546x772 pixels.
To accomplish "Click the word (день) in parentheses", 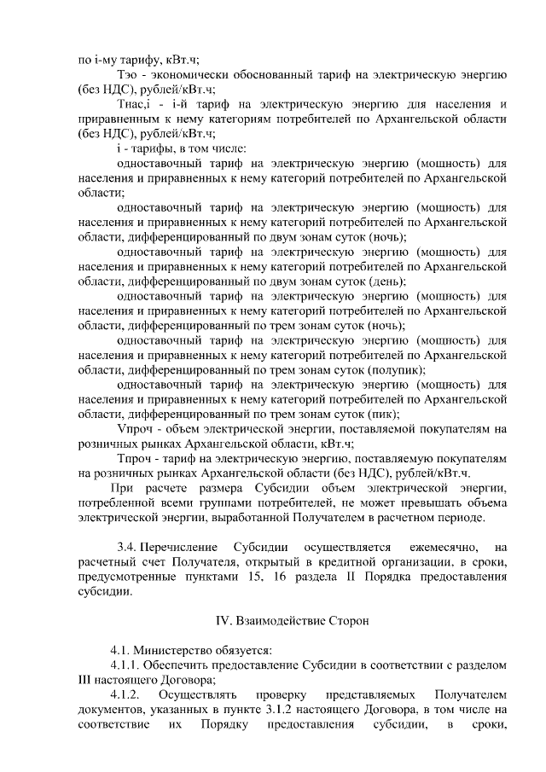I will point(388,282).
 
